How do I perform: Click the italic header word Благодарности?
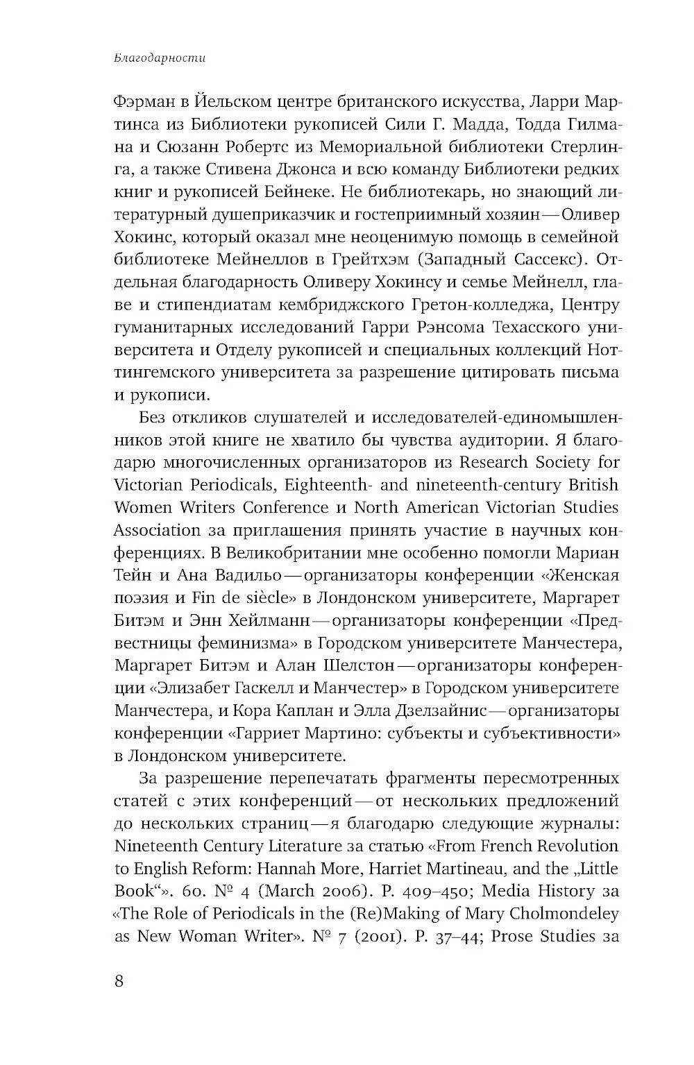tap(159, 58)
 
